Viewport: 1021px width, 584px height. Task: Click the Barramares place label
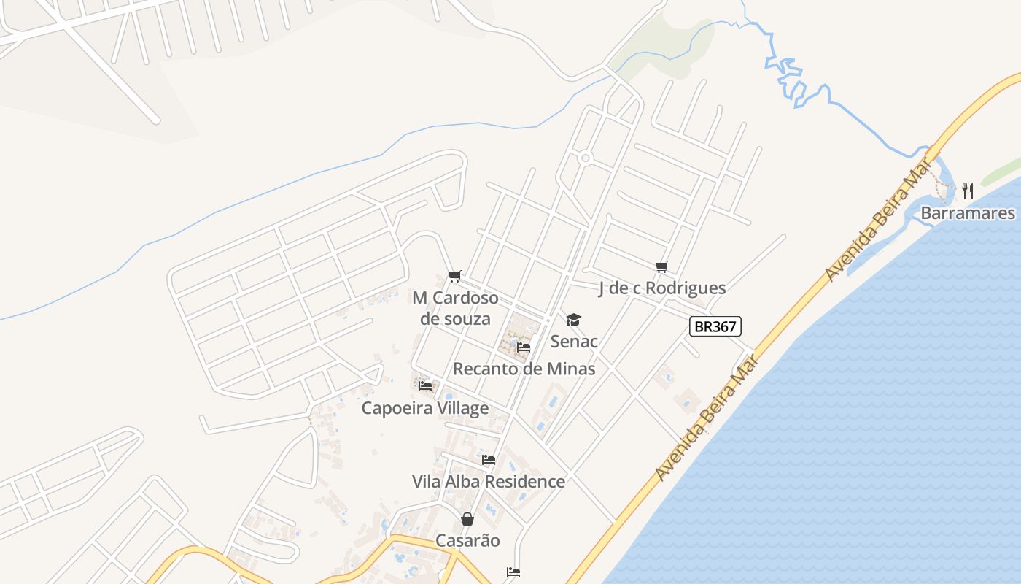tap(968, 213)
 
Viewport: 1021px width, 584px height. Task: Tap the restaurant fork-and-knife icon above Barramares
tap(968, 191)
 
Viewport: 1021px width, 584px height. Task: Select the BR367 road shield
tap(715, 326)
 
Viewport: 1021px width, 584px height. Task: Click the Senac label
tap(574, 341)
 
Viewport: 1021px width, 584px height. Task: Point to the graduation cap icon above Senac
tap(574, 320)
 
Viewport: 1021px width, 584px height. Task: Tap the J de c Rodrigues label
tap(661, 288)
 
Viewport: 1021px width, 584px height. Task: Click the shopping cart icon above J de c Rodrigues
tap(661, 267)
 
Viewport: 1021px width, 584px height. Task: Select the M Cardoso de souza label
tap(455, 308)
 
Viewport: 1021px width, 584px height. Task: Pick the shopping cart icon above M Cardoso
tap(455, 276)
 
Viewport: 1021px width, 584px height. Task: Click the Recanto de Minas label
tap(524, 369)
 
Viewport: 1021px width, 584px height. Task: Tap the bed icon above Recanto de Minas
tap(524, 347)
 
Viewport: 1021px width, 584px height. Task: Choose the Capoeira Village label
tap(424, 407)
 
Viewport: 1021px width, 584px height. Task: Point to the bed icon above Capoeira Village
tap(426, 385)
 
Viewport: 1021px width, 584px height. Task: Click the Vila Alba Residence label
tap(488, 481)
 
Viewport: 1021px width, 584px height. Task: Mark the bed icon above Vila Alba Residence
tap(489, 460)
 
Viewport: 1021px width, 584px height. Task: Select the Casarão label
tap(467, 540)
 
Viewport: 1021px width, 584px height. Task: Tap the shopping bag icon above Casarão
tap(467, 519)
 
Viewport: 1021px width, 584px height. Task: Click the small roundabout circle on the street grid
tap(585, 158)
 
